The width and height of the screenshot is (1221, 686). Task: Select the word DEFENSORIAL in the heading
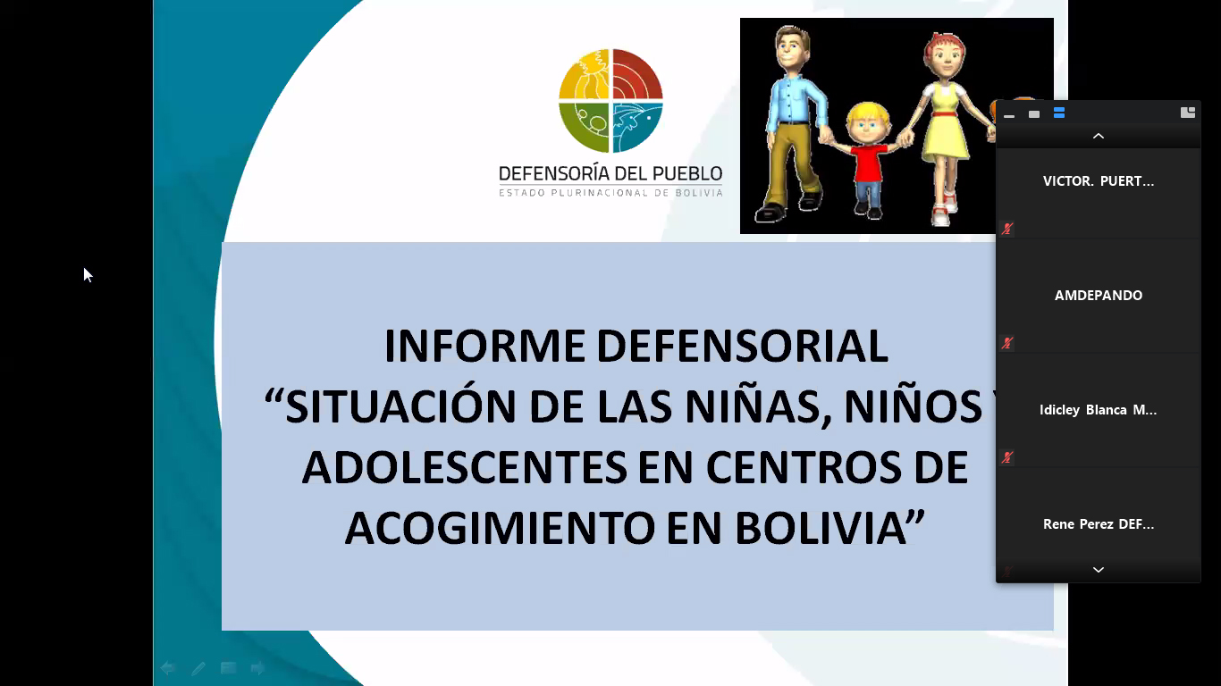(743, 346)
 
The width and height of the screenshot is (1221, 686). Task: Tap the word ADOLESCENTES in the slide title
(465, 467)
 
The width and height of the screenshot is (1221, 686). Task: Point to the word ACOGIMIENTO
(500, 528)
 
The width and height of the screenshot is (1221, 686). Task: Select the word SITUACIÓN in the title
(400, 406)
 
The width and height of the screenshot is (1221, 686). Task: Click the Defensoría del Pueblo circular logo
(610, 101)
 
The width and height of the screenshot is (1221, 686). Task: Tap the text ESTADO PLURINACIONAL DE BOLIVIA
(610, 193)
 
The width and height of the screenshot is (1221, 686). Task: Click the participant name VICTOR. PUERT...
(1099, 181)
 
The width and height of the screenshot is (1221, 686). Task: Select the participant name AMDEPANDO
(1099, 296)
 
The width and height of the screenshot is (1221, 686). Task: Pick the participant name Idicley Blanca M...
(1098, 410)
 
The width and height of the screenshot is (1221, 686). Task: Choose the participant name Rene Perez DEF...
(1099, 524)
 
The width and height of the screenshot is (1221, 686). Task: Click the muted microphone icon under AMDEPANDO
(1006, 343)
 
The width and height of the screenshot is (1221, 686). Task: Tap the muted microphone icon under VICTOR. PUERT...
(1006, 229)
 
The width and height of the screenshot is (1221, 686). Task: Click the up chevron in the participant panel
(1099, 137)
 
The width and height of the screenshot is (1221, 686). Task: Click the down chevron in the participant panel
(1099, 570)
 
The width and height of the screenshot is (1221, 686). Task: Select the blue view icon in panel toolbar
(1059, 113)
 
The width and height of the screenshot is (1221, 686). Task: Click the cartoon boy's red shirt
(867, 163)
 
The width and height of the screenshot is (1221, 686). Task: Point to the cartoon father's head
(792, 47)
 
